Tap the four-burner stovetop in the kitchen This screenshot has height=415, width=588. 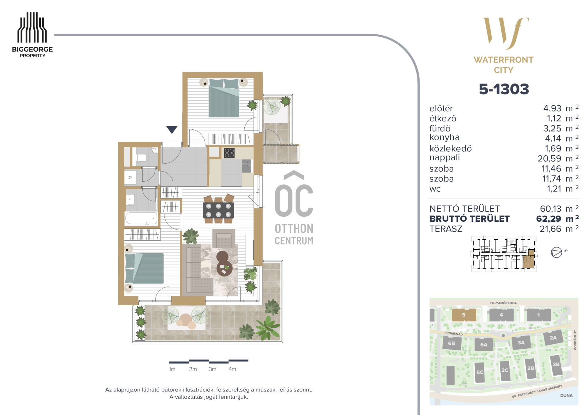pos(229,153)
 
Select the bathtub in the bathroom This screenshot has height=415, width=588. pos(141,218)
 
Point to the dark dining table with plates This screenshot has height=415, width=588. pos(218,210)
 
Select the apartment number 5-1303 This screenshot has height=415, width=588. pos(504,89)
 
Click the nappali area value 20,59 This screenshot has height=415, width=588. pos(549,158)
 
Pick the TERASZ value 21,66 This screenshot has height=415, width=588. pos(550,229)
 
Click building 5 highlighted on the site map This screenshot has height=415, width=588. pos(464,315)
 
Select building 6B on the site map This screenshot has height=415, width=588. pos(452,343)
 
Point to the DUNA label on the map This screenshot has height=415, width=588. pos(566,395)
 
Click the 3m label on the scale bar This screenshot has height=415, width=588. pos(213,369)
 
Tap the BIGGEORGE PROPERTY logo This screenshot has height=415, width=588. pos(32,35)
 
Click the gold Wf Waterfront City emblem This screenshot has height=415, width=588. pos(504,45)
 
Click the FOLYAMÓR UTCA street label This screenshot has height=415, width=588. pos(503,303)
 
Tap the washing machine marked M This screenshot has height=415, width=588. pos(130,177)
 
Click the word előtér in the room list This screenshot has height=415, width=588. pos(441,108)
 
